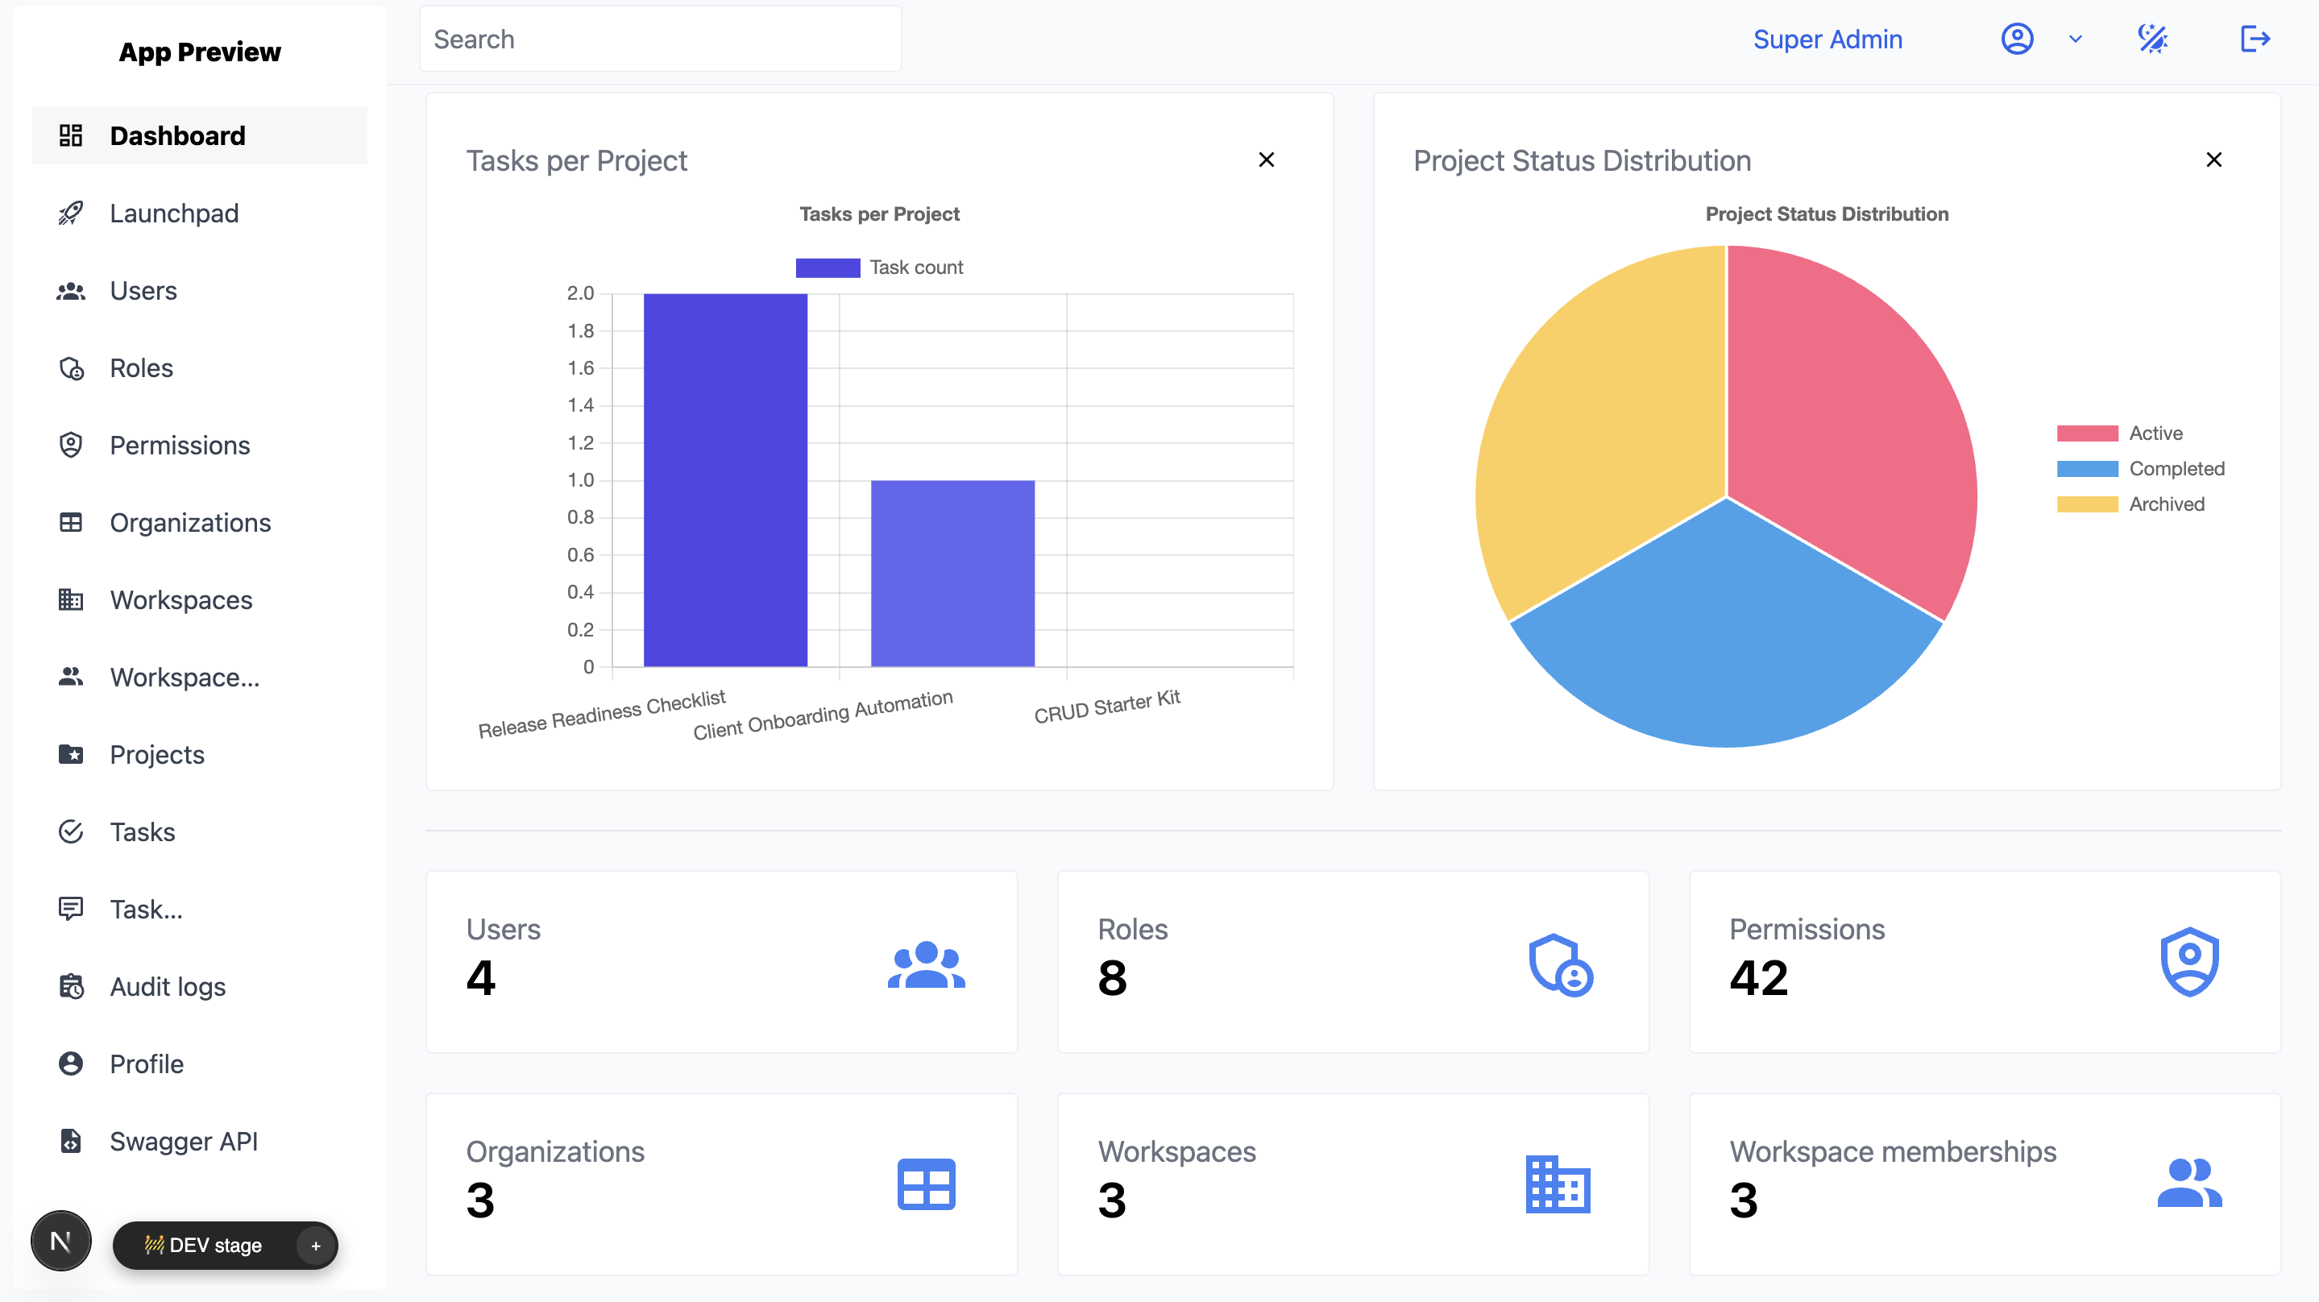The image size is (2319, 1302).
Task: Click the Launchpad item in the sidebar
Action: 174,214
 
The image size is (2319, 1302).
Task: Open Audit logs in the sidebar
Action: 168,987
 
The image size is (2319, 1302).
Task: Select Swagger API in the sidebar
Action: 184,1142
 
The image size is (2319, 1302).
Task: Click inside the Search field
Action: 660,39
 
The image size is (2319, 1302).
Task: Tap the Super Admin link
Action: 1827,39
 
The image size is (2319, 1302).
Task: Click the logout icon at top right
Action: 2255,39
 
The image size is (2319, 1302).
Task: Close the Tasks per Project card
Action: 1266,160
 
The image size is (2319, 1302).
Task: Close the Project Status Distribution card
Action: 2213,160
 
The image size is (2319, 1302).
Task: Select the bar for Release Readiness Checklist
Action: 724,480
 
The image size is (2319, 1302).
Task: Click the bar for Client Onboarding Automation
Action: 952,574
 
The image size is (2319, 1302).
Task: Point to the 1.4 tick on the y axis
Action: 581,405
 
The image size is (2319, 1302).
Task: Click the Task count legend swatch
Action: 828,267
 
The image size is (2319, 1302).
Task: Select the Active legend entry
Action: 2155,433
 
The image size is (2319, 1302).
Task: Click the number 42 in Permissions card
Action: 1758,978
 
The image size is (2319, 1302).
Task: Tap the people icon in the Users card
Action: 926,964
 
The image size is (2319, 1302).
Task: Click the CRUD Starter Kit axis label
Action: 1106,707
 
